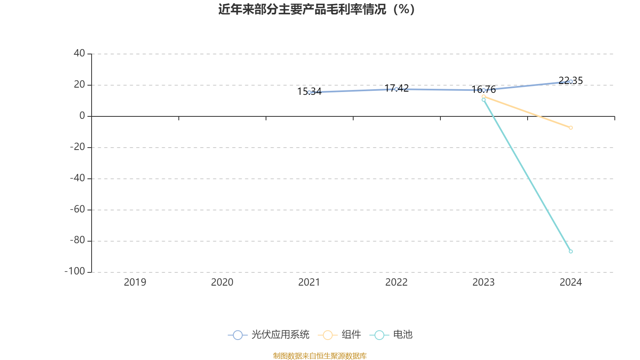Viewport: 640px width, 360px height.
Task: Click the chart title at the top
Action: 316,10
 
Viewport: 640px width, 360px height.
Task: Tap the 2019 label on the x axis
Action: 135,282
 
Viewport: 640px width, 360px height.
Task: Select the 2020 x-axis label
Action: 222,282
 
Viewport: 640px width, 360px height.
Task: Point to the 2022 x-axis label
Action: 396,282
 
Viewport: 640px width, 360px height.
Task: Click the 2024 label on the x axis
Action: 570,282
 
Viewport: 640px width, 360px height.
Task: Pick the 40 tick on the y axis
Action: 79,53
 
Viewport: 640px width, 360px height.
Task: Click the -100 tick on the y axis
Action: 75,271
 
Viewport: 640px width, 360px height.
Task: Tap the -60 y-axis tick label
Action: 78,209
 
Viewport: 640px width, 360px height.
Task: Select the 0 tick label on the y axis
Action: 82,116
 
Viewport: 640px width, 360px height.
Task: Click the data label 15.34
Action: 310,92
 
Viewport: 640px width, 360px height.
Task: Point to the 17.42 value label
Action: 396,88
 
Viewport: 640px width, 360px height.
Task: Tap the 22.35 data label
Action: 570,80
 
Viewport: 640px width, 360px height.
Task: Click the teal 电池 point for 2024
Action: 570,252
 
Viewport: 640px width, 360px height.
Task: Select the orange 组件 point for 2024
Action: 570,128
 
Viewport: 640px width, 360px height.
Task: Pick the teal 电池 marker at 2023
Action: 484,100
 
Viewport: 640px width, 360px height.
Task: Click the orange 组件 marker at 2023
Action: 484,96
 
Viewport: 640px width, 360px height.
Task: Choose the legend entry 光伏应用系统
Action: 268,334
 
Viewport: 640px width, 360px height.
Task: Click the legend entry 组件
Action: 340,334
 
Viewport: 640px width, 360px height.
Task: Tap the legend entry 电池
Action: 391,334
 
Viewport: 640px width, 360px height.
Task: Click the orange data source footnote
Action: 320,356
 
